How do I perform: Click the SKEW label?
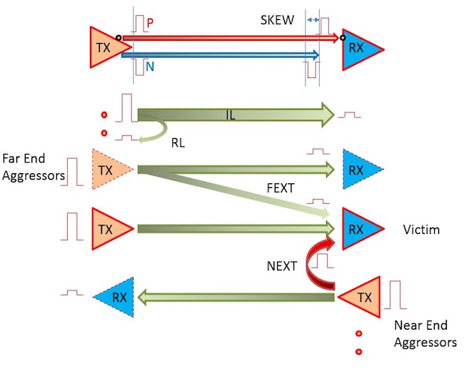[x=277, y=20]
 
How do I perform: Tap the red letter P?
[x=150, y=23]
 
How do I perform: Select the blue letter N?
[x=150, y=65]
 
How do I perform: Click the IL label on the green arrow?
[x=231, y=114]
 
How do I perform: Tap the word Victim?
[x=421, y=230]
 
